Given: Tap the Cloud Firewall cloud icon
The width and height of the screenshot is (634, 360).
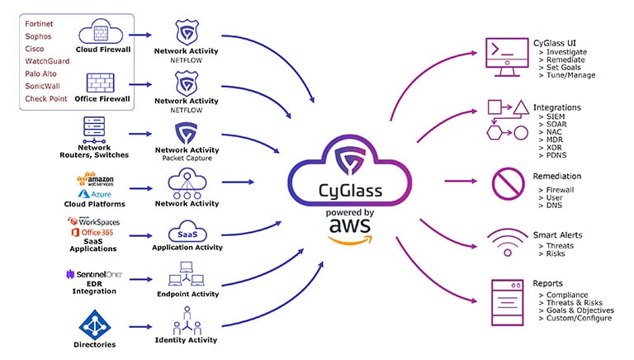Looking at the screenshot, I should (99, 34).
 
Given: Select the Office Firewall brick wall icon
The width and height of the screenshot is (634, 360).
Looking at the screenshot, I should (99, 84).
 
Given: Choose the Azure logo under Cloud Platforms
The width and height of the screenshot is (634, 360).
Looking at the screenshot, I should (101, 194).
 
